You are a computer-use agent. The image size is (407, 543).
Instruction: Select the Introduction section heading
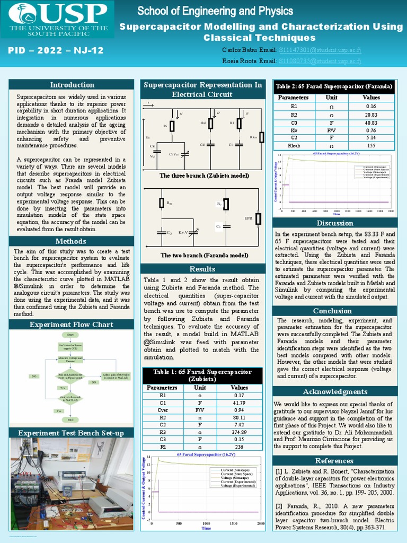pyautogui.click(x=72, y=85)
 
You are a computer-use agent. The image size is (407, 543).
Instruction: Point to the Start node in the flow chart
pyautogui.click(x=70, y=335)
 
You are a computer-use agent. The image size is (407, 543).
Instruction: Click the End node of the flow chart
pyautogui.click(x=70, y=419)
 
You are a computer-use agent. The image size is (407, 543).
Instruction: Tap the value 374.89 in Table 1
pyautogui.click(x=240, y=432)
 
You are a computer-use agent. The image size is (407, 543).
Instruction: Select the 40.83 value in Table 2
pyautogui.click(x=371, y=122)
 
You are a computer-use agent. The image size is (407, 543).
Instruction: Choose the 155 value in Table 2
pyautogui.click(x=371, y=145)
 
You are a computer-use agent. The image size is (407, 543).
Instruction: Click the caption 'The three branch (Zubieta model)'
pyautogui.click(x=204, y=176)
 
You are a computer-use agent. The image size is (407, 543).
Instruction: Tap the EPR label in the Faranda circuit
pyautogui.click(x=248, y=218)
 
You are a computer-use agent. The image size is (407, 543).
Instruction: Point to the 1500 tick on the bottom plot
pyautogui.click(x=234, y=523)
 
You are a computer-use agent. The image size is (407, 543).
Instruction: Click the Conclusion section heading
pyautogui.click(x=332, y=311)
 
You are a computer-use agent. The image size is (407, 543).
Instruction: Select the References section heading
pyautogui.click(x=334, y=460)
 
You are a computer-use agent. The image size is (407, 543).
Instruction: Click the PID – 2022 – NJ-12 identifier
pyautogui.click(x=56, y=51)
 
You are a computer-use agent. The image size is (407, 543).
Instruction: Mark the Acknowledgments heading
pyautogui.click(x=334, y=392)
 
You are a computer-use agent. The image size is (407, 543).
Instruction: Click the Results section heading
pyautogui.click(x=202, y=269)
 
